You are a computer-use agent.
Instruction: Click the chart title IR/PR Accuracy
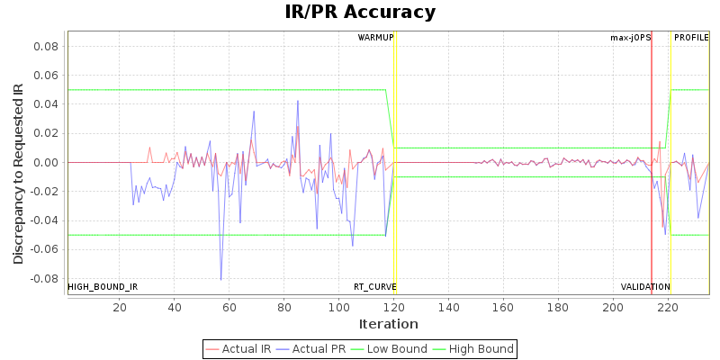[360, 13]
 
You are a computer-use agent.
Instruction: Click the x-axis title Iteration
[389, 324]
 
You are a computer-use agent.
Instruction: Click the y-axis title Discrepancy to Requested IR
[18, 174]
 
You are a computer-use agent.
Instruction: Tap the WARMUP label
[375, 38]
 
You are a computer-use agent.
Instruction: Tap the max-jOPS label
[630, 38]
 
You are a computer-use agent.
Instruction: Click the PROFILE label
[691, 38]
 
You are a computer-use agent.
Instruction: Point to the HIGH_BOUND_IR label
[103, 287]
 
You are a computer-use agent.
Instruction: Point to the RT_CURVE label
[374, 287]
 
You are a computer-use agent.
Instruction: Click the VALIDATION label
[645, 287]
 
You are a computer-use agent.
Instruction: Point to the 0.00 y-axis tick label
[47, 163]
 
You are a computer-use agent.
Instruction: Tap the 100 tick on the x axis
[338, 308]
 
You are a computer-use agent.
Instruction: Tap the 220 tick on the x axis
[667, 308]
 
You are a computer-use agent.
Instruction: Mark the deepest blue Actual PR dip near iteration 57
[221, 280]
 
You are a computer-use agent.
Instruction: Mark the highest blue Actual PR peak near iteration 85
[298, 101]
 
